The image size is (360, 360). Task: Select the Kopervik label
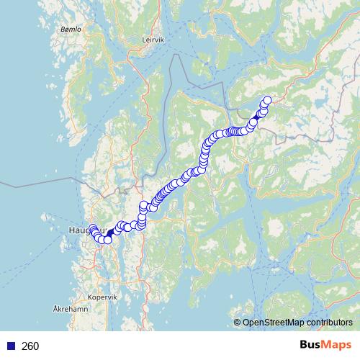102,297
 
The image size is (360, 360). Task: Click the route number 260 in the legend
30,346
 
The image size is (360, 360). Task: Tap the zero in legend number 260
36,346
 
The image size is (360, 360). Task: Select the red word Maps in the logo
336,346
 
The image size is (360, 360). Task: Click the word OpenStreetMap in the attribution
274,323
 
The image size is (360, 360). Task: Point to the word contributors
329,323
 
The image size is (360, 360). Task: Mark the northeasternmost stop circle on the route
268,100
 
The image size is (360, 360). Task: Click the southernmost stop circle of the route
108,240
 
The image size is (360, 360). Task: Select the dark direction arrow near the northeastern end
258,115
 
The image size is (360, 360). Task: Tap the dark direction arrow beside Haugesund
110,233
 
